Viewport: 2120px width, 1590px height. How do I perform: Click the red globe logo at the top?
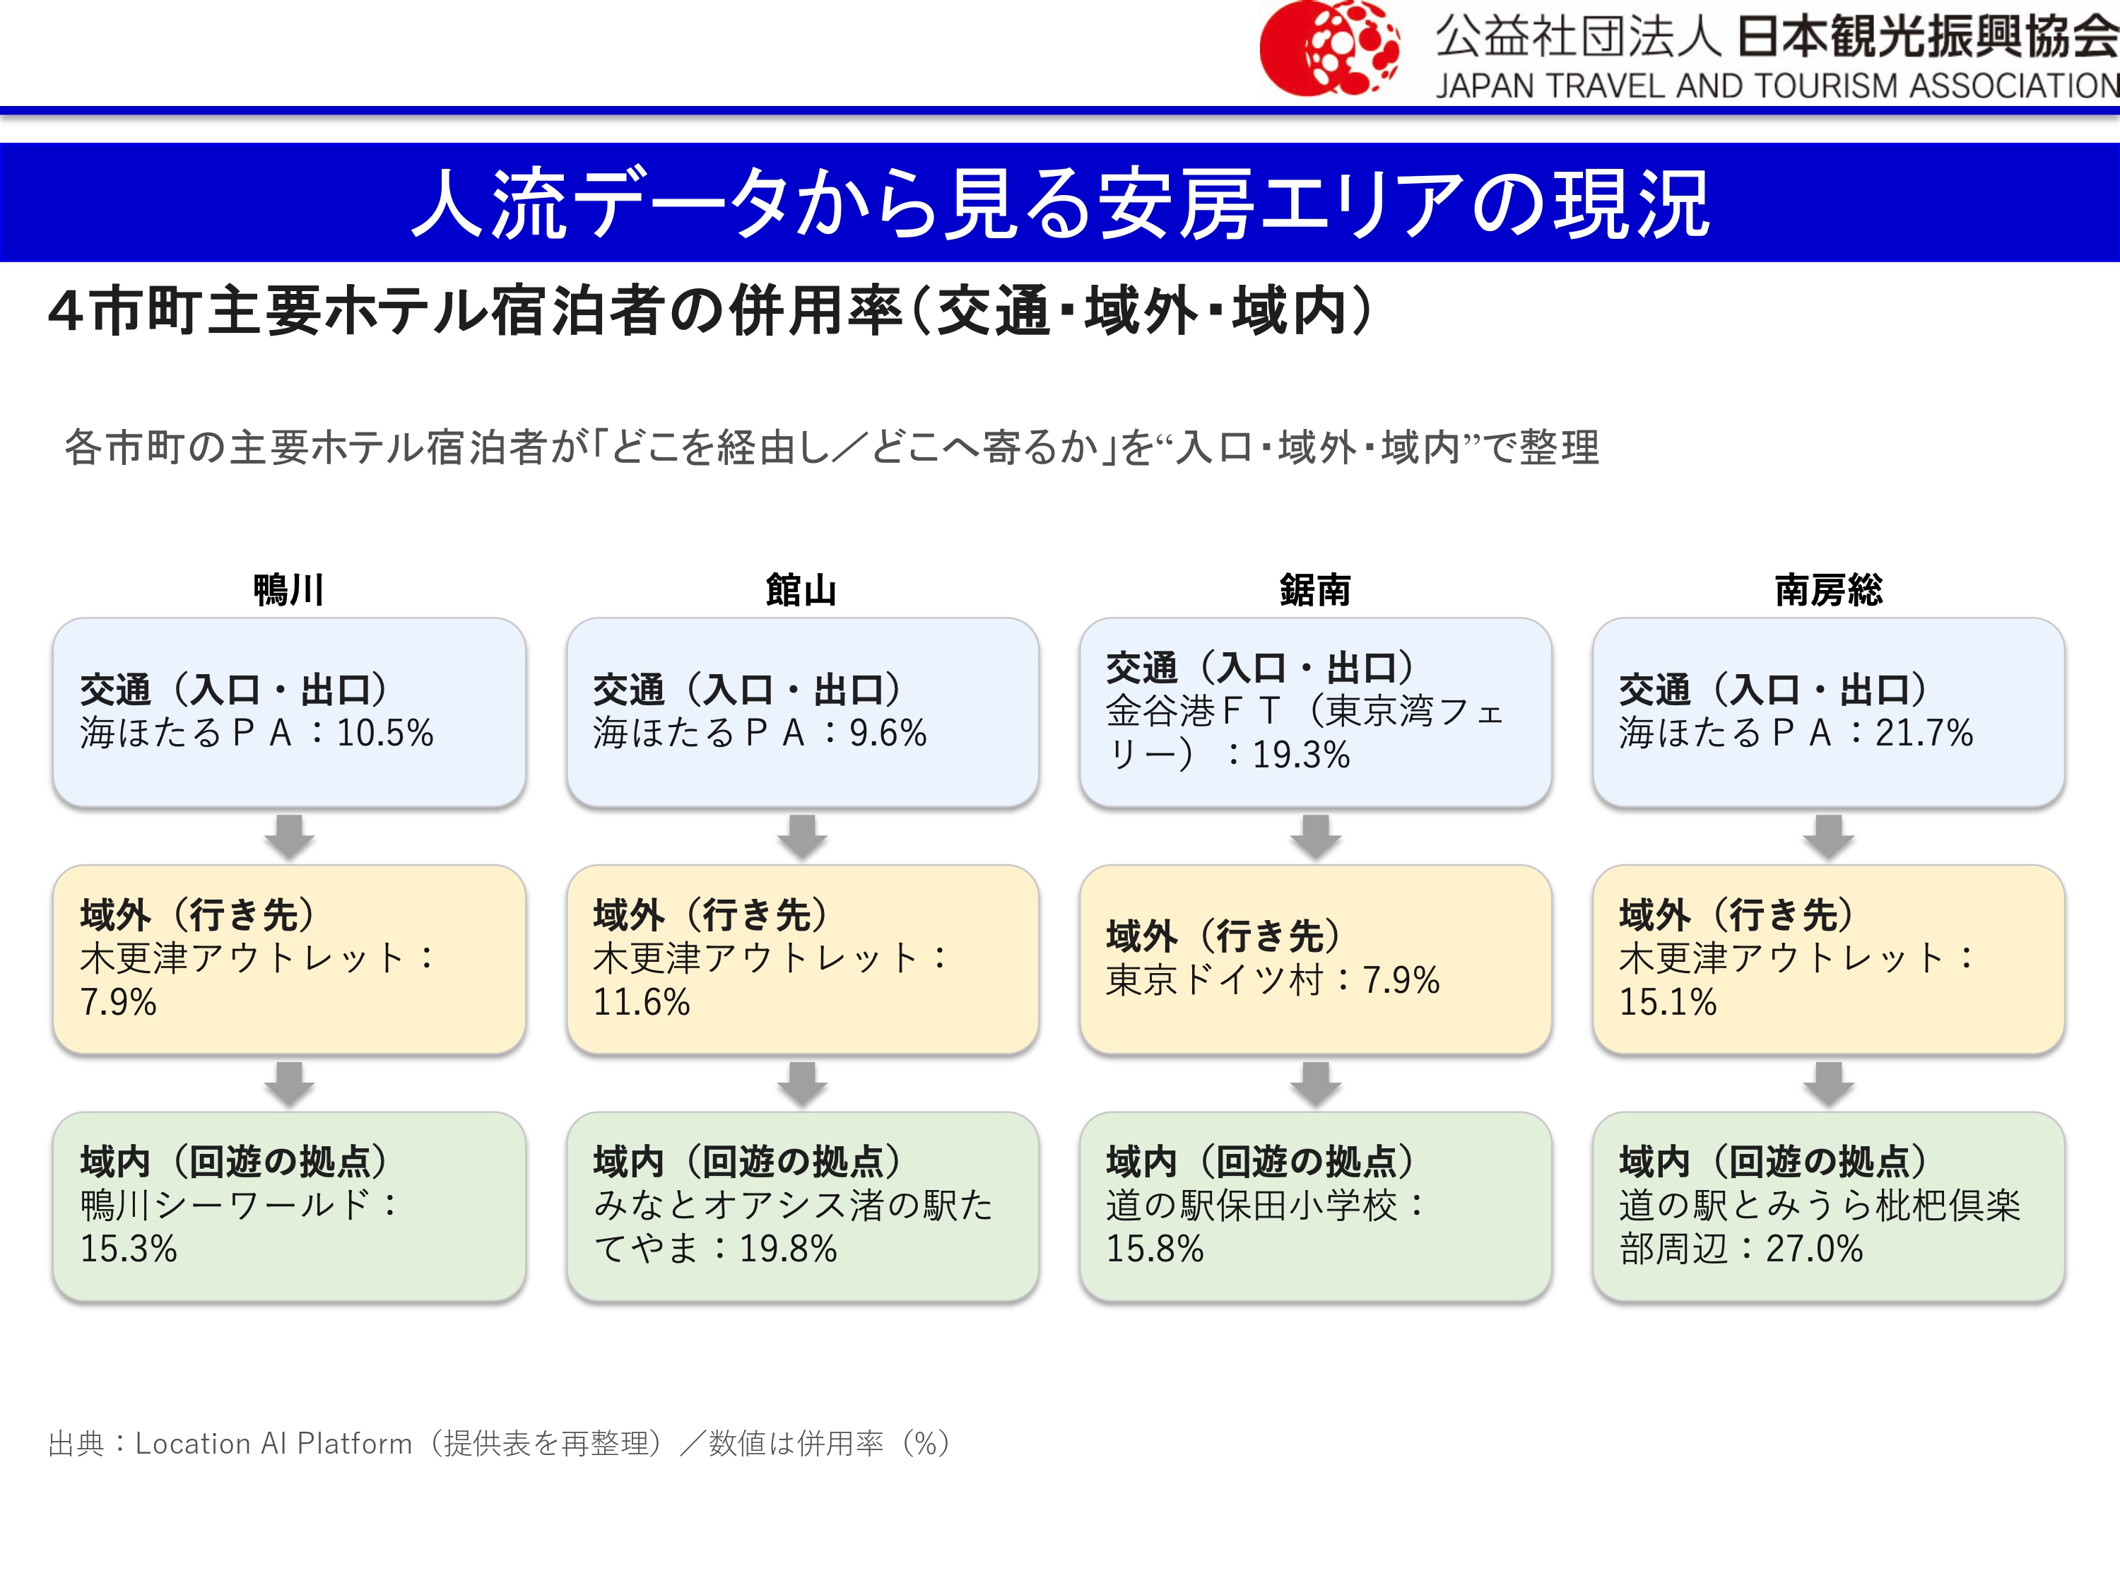(1329, 48)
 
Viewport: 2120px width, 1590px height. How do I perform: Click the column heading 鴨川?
(288, 589)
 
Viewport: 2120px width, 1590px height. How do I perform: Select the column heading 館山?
(801, 589)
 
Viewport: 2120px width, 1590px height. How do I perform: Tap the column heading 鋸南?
(1315, 589)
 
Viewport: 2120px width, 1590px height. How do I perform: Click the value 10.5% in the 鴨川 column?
(385, 734)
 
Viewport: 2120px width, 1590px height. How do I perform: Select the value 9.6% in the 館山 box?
(888, 734)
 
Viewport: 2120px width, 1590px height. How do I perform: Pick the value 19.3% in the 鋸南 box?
(1300, 755)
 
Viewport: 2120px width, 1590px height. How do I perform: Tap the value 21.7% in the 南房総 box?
(1924, 734)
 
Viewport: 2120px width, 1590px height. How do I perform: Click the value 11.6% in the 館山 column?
(641, 1003)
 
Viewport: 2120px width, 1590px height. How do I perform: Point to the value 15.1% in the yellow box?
(1668, 1003)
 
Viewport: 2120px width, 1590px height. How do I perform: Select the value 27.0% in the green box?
(1814, 1249)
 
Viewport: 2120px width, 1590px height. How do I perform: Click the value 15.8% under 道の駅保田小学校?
(1155, 1249)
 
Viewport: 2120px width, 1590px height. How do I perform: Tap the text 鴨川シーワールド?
(225, 1205)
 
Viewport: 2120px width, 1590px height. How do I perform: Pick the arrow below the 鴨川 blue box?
(290, 837)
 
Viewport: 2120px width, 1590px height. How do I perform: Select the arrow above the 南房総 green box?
(1829, 1084)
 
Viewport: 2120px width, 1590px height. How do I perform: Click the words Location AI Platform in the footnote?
(273, 1443)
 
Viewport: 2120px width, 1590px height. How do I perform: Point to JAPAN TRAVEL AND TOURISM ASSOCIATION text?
(1777, 86)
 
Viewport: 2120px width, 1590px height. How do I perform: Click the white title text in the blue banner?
(1060, 204)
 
